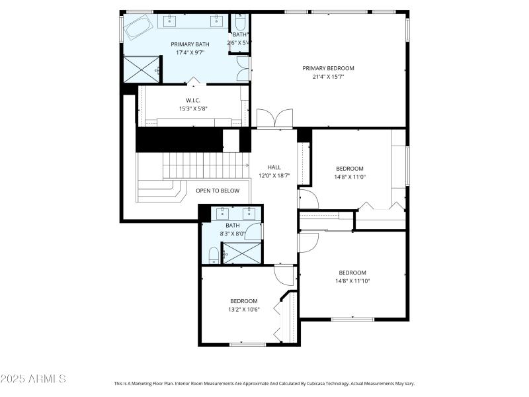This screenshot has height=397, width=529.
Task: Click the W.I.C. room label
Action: coord(192,101)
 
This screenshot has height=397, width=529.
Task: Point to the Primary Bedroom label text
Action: coord(328,68)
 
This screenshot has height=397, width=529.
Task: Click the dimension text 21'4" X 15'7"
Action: coord(328,77)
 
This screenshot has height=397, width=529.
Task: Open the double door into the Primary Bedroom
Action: coord(274,119)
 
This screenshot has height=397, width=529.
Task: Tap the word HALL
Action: coord(274,167)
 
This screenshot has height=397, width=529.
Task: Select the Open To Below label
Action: coord(217,191)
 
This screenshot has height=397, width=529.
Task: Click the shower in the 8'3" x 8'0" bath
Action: coord(241,253)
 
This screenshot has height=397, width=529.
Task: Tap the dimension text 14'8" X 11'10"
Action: coord(352,281)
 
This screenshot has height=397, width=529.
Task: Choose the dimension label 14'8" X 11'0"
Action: coord(350,177)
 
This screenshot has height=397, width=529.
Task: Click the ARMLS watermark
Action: coord(33,379)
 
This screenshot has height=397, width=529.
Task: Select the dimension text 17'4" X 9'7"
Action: coord(190,52)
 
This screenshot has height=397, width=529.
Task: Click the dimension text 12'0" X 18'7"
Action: coord(274,175)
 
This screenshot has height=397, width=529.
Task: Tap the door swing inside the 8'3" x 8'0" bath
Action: coord(254,232)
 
